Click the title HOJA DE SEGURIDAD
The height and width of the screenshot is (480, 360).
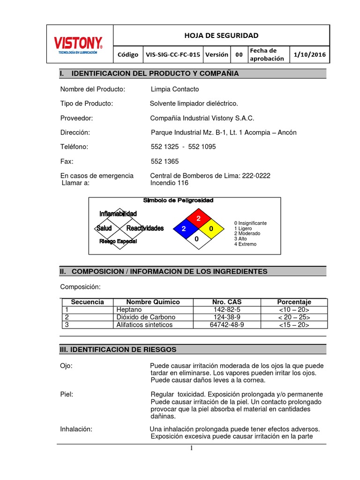click(x=222, y=36)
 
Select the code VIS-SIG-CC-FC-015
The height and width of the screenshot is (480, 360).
click(x=173, y=54)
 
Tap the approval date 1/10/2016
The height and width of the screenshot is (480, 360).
click(x=310, y=54)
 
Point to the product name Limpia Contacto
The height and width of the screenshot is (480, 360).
click(x=175, y=89)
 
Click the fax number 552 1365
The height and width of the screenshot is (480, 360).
click(x=165, y=161)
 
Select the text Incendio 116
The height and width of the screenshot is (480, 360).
click(x=169, y=183)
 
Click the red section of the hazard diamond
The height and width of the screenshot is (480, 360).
click(x=197, y=218)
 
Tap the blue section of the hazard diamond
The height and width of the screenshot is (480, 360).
click(x=184, y=229)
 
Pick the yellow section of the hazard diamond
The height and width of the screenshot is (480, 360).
click(x=210, y=229)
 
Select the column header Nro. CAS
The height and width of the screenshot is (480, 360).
click(x=227, y=302)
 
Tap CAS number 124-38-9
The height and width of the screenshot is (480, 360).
click(x=227, y=317)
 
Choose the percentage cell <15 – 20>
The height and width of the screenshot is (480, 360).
click(x=294, y=325)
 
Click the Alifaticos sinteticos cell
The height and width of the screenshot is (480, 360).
click(x=144, y=325)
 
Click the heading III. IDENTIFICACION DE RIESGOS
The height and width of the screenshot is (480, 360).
click(x=118, y=350)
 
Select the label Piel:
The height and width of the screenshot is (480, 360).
click(x=67, y=394)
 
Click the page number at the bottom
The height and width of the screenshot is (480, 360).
click(x=191, y=448)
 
